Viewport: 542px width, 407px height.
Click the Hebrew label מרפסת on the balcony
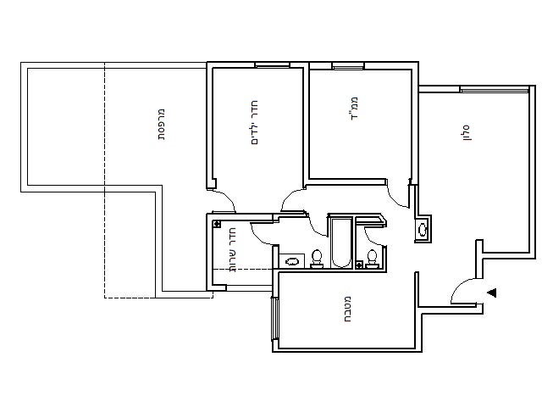pyautogui.click(x=162, y=125)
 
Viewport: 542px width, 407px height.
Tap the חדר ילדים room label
pyautogui.click(x=254, y=122)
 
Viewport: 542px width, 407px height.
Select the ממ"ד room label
pyautogui.click(x=353, y=109)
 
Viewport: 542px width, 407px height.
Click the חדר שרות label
pyautogui.click(x=232, y=250)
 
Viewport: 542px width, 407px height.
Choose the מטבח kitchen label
pyautogui.click(x=347, y=309)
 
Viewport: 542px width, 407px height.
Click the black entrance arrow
pyautogui.click(x=492, y=293)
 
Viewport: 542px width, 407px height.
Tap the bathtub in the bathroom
pyautogui.click(x=340, y=242)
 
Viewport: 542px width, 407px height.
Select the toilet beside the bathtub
pyautogui.click(x=316, y=259)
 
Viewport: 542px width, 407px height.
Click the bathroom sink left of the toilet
pyautogui.click(x=291, y=261)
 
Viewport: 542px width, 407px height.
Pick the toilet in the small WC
pyautogui.click(x=372, y=259)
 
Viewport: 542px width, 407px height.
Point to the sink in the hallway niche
pyautogui.click(x=423, y=230)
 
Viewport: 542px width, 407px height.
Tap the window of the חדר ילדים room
pyautogui.click(x=272, y=64)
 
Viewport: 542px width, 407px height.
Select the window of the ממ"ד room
pyautogui.click(x=348, y=66)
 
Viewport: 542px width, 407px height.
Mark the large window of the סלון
pyautogui.click(x=495, y=90)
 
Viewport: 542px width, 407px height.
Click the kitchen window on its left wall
pyautogui.click(x=274, y=319)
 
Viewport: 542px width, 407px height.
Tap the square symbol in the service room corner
pyautogui.click(x=217, y=224)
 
